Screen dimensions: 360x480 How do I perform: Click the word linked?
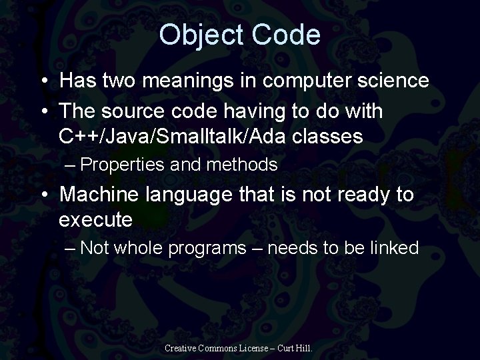click(x=393, y=249)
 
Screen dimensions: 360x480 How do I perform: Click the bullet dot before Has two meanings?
click(x=43, y=82)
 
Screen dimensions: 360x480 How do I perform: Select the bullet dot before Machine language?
click(x=43, y=196)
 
